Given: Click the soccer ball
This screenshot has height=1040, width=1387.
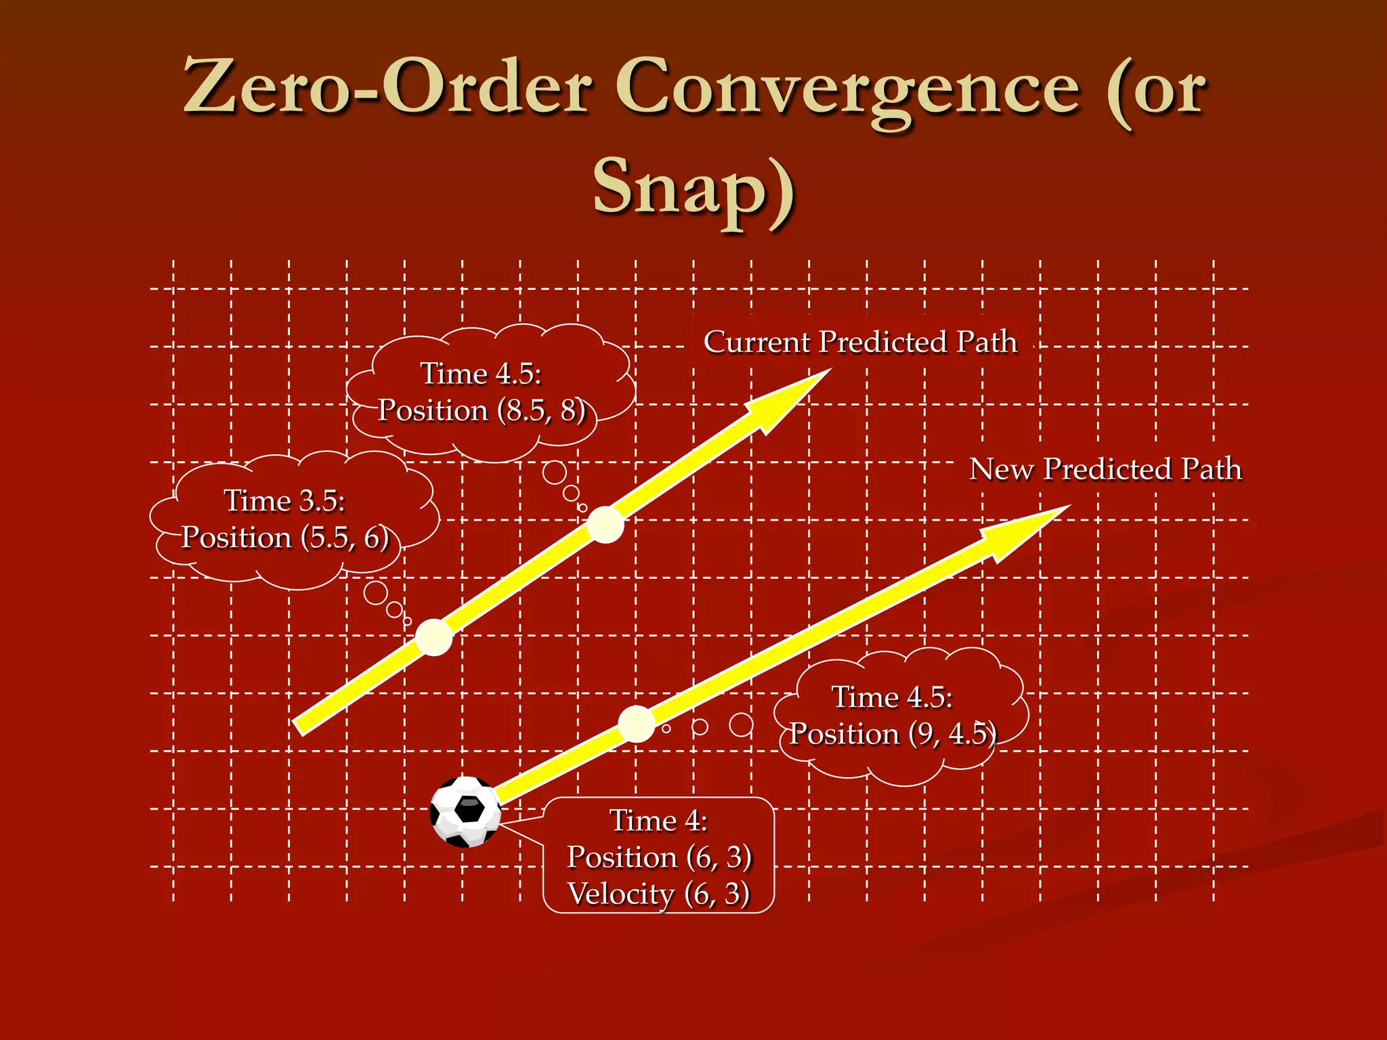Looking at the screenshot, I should click(x=466, y=812).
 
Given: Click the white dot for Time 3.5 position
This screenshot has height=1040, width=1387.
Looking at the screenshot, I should click(x=433, y=637).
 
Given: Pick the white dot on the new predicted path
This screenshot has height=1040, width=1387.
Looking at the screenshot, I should click(x=637, y=724).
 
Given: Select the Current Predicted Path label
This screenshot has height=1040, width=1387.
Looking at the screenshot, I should click(x=860, y=342).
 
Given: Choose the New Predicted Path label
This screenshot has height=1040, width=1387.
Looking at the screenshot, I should click(x=1105, y=469).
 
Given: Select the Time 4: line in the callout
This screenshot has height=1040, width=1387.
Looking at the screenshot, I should click(x=658, y=821).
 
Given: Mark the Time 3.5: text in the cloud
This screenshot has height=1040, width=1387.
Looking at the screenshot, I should click(x=284, y=501).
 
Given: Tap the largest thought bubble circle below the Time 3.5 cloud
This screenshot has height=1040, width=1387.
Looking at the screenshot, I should click(x=375, y=592).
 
